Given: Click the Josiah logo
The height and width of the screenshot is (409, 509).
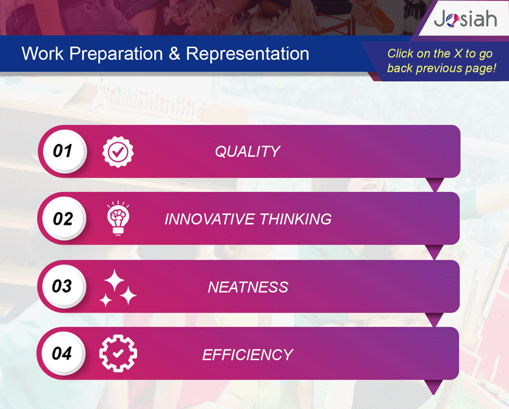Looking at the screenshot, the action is (465, 19).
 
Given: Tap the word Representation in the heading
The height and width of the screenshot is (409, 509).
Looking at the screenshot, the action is (247, 54).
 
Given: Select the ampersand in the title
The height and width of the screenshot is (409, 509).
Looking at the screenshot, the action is (174, 53).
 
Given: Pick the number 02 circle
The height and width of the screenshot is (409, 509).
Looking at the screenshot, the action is (64, 218).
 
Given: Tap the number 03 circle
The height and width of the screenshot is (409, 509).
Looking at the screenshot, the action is (64, 286).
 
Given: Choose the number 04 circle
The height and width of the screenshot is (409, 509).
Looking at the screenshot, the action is (63, 353).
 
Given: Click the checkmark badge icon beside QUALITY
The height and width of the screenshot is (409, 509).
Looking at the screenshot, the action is (118, 152).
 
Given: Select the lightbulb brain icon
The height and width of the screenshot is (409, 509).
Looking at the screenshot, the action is (118, 218).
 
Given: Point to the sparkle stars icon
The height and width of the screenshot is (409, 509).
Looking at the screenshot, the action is (118, 288).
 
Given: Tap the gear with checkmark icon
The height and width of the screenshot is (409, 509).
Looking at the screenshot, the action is (118, 353).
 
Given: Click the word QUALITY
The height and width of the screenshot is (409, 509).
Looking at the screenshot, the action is (247, 152).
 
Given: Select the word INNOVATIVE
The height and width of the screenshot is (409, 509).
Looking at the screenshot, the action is (210, 219).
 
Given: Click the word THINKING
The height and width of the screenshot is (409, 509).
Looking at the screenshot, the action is (296, 219).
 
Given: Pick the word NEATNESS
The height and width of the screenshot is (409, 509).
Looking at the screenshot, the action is (248, 287).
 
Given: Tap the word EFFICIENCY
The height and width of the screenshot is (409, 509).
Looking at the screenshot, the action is (247, 355).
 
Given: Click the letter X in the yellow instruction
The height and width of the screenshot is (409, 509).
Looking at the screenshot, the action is (458, 54).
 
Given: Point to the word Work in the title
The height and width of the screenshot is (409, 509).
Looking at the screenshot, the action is (43, 54).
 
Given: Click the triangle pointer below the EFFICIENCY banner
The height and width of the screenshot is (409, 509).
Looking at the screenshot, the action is (434, 386).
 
